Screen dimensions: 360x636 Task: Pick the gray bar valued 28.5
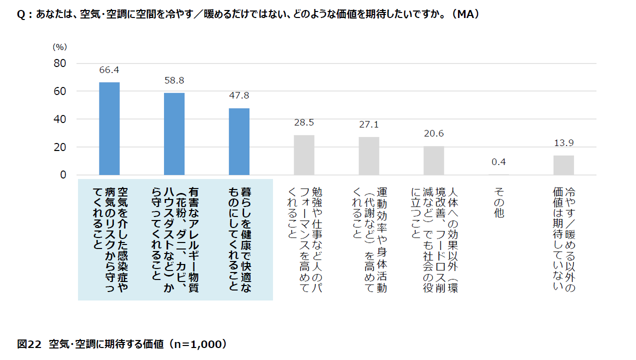[x=304, y=155]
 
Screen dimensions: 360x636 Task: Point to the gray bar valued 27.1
[x=369, y=156]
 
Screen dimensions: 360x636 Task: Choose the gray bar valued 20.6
[x=433, y=160]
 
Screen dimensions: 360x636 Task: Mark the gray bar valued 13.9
[x=563, y=165]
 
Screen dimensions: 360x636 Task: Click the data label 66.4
[x=109, y=70]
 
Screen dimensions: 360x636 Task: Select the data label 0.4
[x=498, y=162]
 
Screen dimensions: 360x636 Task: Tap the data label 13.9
[x=563, y=143]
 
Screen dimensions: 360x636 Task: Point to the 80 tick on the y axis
[x=60, y=63]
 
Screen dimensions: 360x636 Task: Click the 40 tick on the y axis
[x=60, y=119]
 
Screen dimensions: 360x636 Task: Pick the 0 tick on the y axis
[x=63, y=175]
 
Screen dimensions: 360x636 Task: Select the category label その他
[x=498, y=202]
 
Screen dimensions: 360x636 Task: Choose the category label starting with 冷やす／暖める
[x=563, y=237]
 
